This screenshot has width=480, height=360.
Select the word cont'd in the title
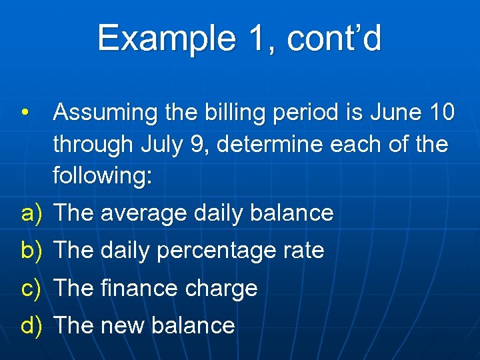[x=334, y=38]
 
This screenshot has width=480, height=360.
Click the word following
[x=103, y=175]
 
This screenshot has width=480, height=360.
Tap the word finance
[x=139, y=288]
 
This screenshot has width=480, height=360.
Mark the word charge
[x=222, y=289]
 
